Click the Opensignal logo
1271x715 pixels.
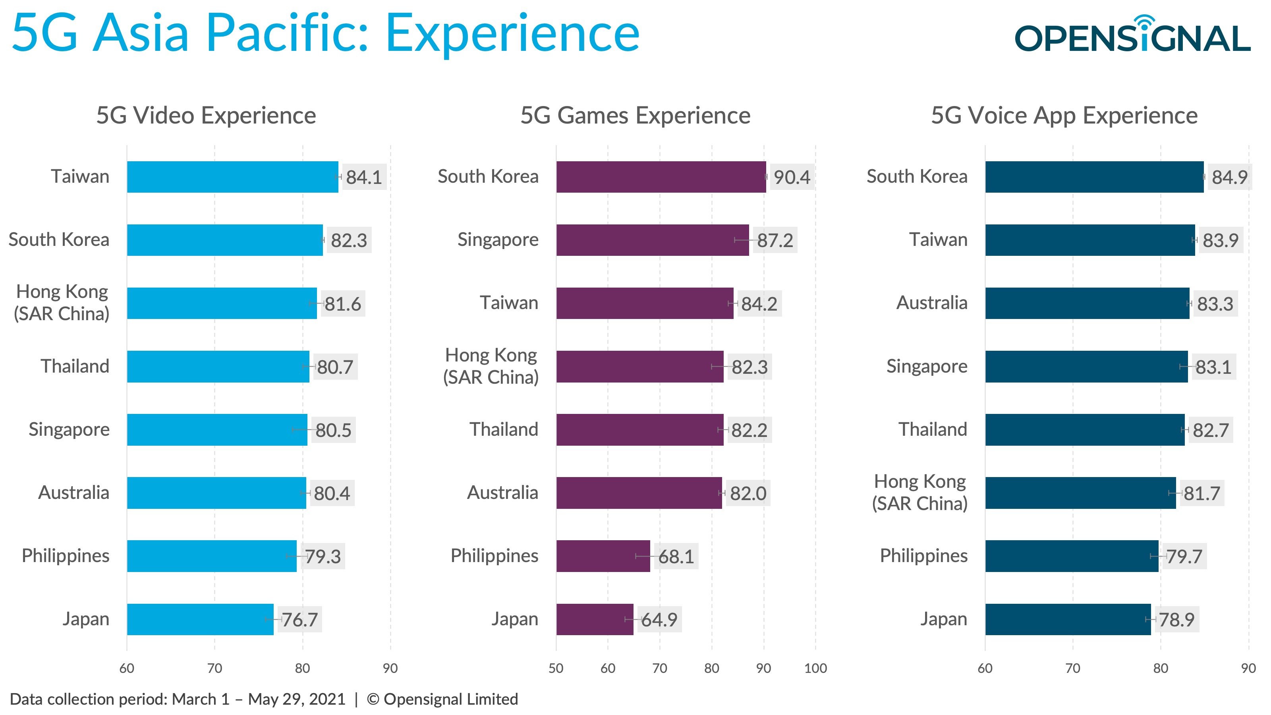pyautogui.click(x=1132, y=35)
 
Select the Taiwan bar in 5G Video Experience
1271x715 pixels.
pyautogui.click(x=232, y=177)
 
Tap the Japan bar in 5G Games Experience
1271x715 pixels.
pyautogui.click(x=595, y=619)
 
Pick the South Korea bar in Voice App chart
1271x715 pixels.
pyautogui.click(x=1094, y=177)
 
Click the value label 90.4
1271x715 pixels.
pyautogui.click(x=792, y=177)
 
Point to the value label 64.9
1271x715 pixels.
pyautogui.click(x=659, y=620)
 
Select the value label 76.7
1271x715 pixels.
pyautogui.click(x=299, y=620)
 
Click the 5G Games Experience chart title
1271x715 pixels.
pyautogui.click(x=635, y=116)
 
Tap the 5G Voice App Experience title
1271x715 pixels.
pyautogui.click(x=1064, y=116)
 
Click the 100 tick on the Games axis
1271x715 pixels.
pyautogui.click(x=815, y=668)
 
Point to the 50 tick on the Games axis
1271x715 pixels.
pyautogui.click(x=556, y=668)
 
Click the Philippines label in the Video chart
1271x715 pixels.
pyautogui.click(x=66, y=556)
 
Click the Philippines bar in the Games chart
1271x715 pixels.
pyautogui.click(x=603, y=556)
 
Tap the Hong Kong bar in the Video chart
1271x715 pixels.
pyautogui.click(x=222, y=303)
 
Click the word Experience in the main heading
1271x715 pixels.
pyautogui.click(x=512, y=33)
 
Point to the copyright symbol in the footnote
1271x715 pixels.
pyautogui.click(x=373, y=699)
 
